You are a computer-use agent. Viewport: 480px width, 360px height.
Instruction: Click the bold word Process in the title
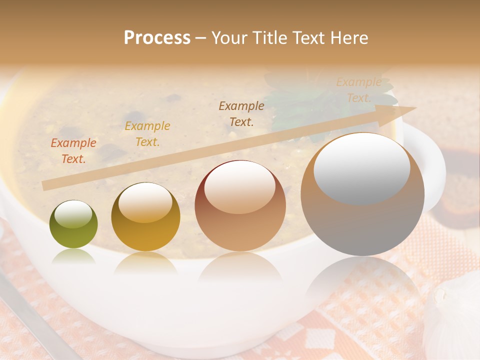click(x=157, y=38)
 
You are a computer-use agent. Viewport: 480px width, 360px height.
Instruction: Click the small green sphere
click(x=73, y=225)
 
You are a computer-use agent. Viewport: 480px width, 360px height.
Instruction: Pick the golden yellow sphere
click(x=145, y=217)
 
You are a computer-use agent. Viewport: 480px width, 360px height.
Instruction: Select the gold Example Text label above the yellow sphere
click(x=147, y=134)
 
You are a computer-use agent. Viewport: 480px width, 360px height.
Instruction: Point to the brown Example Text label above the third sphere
click(x=241, y=113)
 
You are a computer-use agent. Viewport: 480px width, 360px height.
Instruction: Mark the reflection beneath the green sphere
click(x=73, y=256)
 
